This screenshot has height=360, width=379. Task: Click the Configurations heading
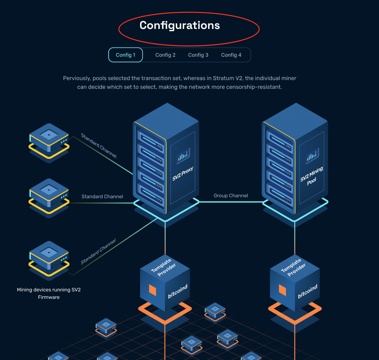179,25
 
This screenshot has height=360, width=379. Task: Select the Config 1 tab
125,55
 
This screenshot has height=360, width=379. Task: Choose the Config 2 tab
165,55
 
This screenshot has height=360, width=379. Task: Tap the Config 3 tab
198,55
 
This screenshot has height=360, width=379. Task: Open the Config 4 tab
231,55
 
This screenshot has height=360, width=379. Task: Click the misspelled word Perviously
77,78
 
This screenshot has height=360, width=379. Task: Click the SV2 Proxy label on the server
183,174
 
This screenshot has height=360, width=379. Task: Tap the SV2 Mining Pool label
311,176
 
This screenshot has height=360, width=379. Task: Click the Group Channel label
230,196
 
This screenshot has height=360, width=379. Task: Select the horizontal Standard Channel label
102,197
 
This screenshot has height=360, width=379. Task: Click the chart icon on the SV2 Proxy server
183,156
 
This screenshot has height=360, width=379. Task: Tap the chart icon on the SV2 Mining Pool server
312,156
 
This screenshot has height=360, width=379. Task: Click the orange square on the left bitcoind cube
152,289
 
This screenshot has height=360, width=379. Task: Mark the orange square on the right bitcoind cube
282,290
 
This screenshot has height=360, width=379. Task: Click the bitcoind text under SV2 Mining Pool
307,292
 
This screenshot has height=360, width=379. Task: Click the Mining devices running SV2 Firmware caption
49,293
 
